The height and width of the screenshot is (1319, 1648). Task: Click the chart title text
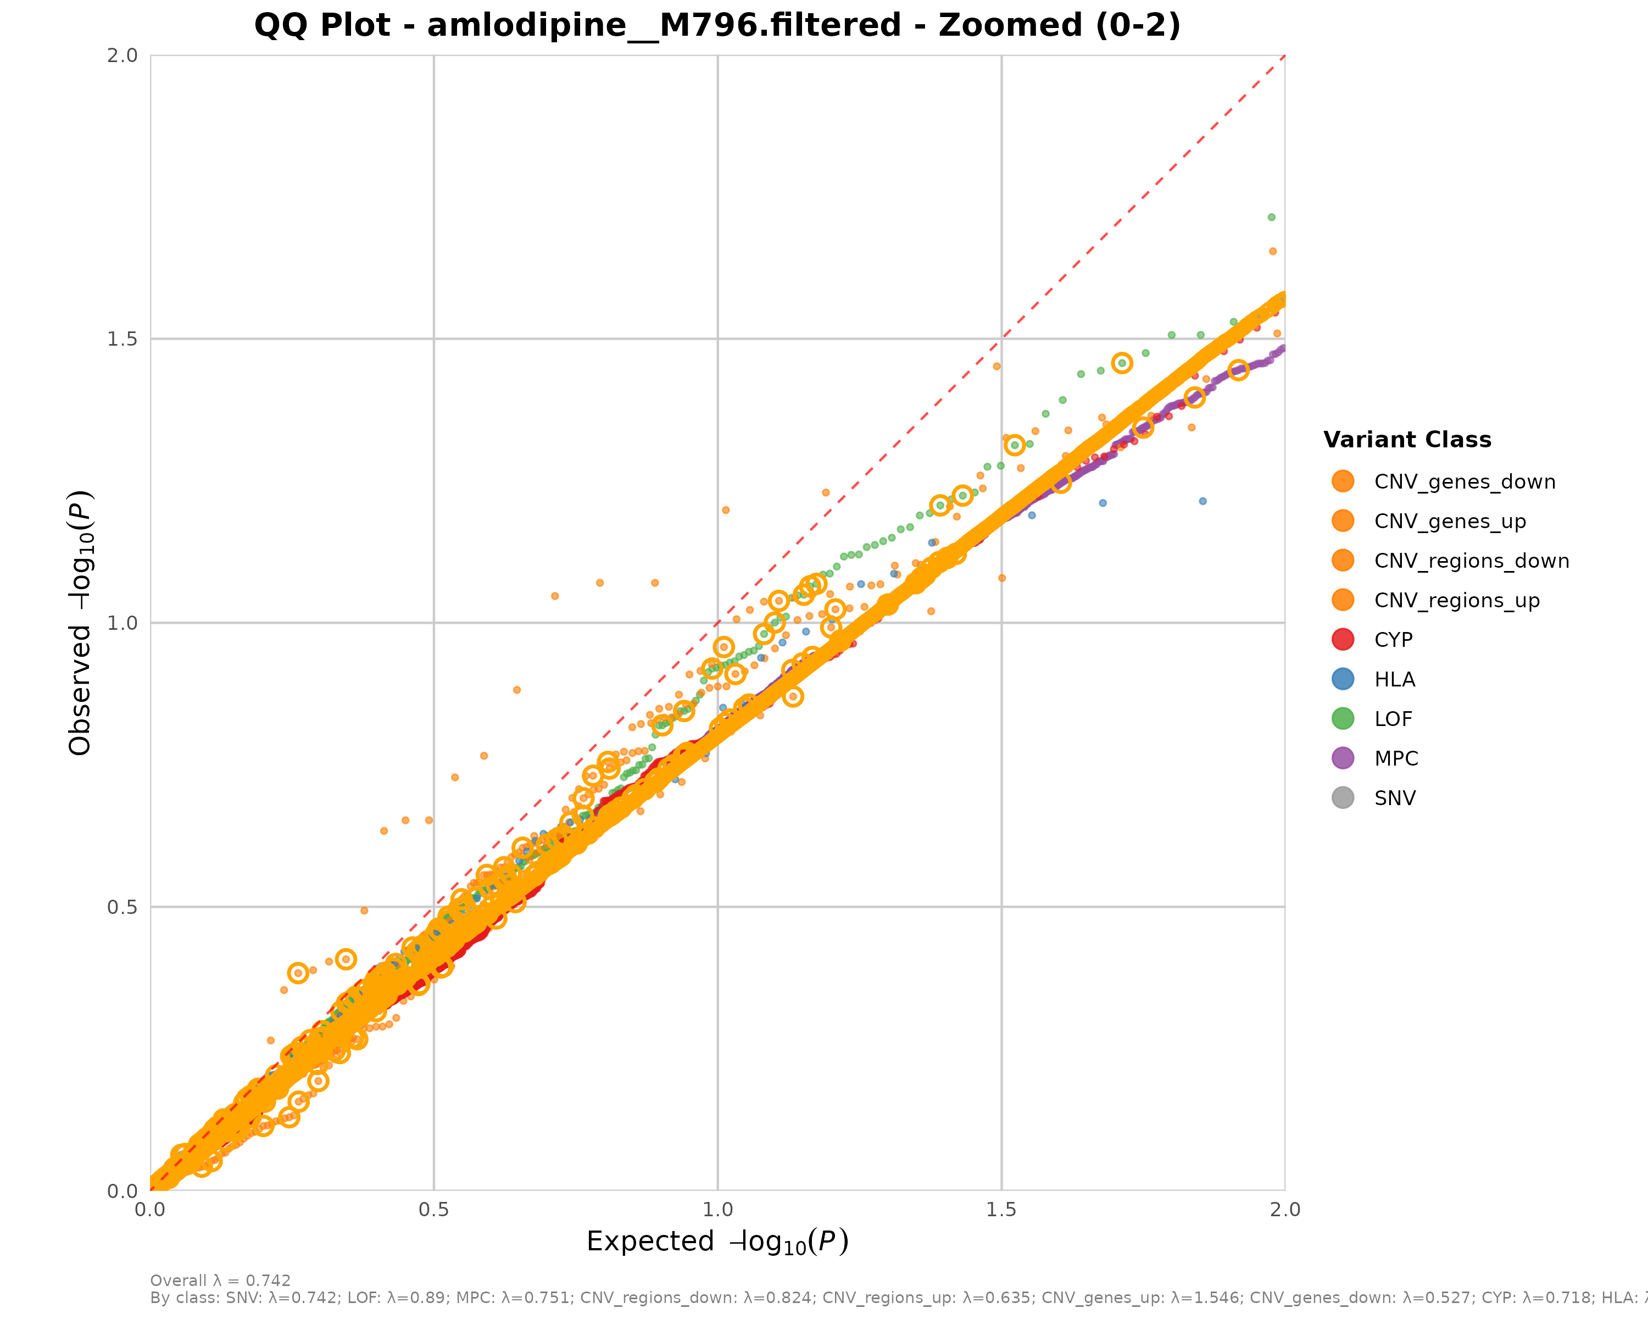point(717,25)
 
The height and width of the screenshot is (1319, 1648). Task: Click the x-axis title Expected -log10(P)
point(717,1241)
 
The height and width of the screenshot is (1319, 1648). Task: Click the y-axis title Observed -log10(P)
point(80,623)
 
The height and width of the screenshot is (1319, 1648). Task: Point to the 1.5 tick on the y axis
point(123,339)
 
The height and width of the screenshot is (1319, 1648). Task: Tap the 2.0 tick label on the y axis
point(123,55)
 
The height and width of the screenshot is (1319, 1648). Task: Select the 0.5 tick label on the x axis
point(433,1210)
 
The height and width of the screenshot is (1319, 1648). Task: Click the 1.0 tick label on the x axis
point(717,1210)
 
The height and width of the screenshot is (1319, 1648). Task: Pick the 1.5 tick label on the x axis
point(1000,1210)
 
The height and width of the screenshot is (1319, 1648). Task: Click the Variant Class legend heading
point(1407,440)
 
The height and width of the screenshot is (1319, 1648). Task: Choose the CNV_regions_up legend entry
point(1456,600)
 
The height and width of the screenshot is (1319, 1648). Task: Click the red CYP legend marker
point(1342,639)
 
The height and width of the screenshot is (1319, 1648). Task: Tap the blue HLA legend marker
point(1342,679)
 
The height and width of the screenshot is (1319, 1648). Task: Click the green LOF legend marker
point(1342,719)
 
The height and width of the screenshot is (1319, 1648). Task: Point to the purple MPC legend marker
point(1342,758)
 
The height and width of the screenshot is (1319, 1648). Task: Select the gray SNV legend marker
point(1342,797)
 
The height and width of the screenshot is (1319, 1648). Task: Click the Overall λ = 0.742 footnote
point(220,1281)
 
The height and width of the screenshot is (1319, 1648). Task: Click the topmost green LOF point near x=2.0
point(1271,217)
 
